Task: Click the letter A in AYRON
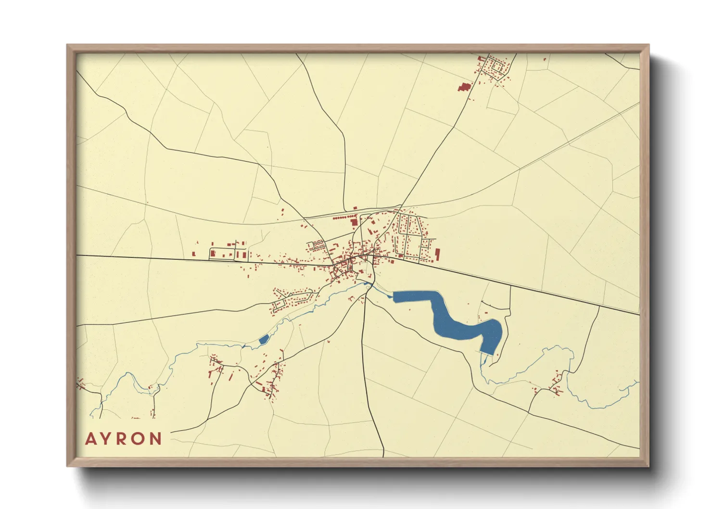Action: pos(91,439)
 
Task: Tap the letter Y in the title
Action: pos(107,439)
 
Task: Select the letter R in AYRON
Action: pos(123,439)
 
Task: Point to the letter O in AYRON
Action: pos(140,439)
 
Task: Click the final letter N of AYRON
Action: pos(156,439)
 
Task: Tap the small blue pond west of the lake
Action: pos(263,340)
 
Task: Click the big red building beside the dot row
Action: pos(355,222)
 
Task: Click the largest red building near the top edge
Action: pos(464,87)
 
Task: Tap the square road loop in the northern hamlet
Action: pos(496,67)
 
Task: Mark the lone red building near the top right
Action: pos(545,60)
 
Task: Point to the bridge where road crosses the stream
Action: pos(369,285)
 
